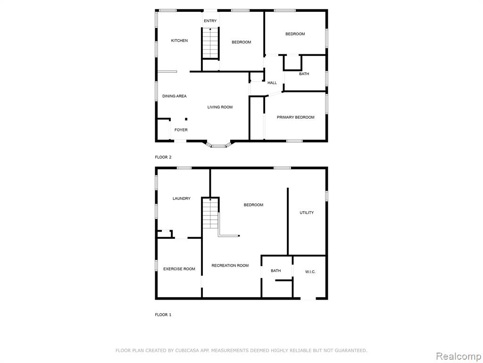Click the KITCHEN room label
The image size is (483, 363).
click(x=179, y=41)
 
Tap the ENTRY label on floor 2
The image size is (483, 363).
click(x=210, y=21)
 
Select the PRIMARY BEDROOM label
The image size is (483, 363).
click(x=295, y=117)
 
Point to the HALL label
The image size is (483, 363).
click(x=272, y=83)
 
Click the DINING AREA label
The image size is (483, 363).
click(x=175, y=96)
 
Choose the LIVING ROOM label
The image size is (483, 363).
click(x=220, y=107)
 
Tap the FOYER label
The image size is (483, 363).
click(x=181, y=130)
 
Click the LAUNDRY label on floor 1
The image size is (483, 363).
click(x=182, y=199)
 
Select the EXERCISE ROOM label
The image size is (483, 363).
click(x=179, y=269)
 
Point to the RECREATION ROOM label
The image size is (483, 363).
click(x=230, y=266)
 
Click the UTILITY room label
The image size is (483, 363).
click(x=307, y=213)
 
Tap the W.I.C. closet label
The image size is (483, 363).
click(x=310, y=272)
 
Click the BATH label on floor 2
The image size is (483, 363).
click(x=304, y=74)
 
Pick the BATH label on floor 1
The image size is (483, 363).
click(x=275, y=271)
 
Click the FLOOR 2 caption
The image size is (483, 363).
click(x=163, y=157)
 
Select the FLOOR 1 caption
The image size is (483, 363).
click(x=163, y=315)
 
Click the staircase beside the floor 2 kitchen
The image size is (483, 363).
click(x=210, y=43)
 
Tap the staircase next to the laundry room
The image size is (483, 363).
click(x=210, y=214)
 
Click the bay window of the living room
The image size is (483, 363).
click(x=218, y=145)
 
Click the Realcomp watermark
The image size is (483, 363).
click(x=458, y=356)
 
